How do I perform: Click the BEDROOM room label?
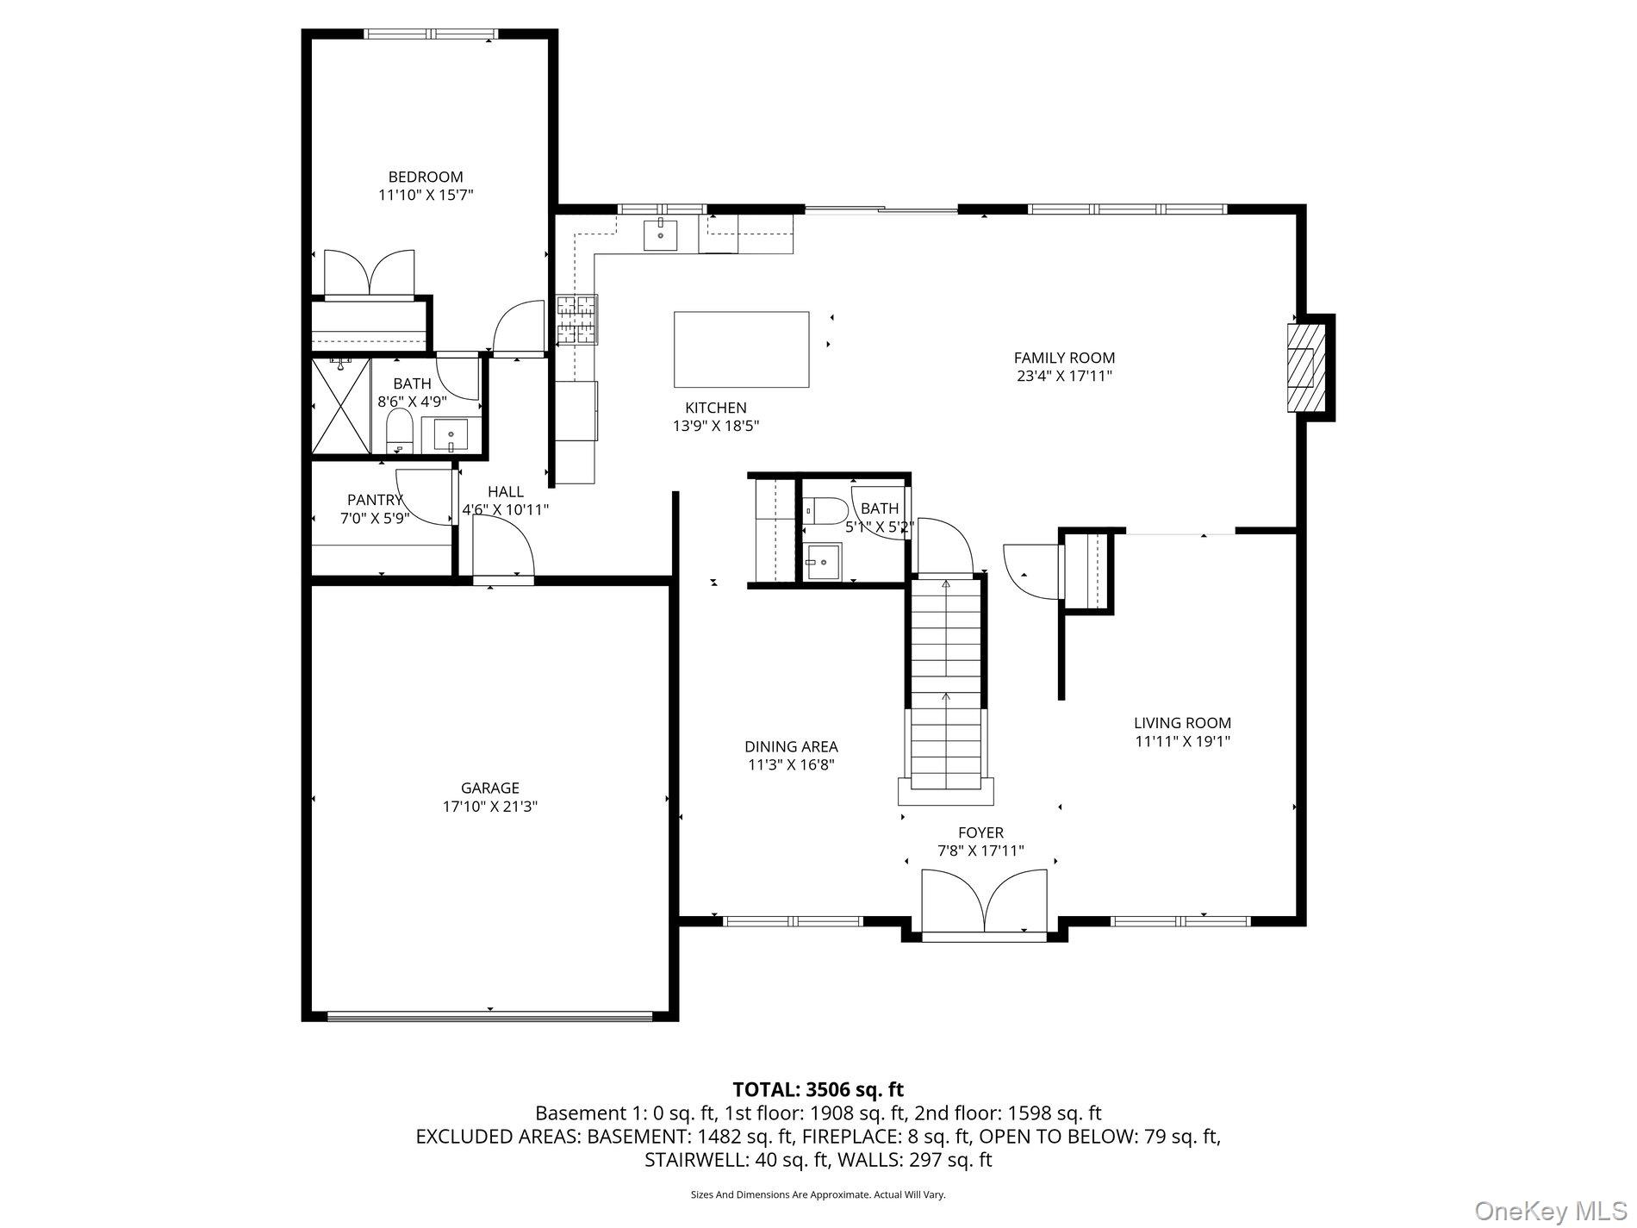[x=426, y=178]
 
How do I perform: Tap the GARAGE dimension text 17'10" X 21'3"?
[x=490, y=807]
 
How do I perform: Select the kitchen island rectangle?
[x=741, y=349]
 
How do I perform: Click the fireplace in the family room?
[x=1306, y=368]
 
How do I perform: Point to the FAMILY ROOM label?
[x=1064, y=358]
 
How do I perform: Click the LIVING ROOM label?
[x=1182, y=723]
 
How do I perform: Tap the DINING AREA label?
[x=791, y=746]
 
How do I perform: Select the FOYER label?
[x=980, y=832]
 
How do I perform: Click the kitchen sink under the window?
[x=661, y=235]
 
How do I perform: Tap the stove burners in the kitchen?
[x=576, y=320]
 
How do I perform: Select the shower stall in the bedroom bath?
[x=341, y=406]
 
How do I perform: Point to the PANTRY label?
[x=375, y=500]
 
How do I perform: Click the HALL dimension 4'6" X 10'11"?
[x=506, y=509]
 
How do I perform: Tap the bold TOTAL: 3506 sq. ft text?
[x=818, y=1090]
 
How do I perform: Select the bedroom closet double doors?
[x=369, y=273]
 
